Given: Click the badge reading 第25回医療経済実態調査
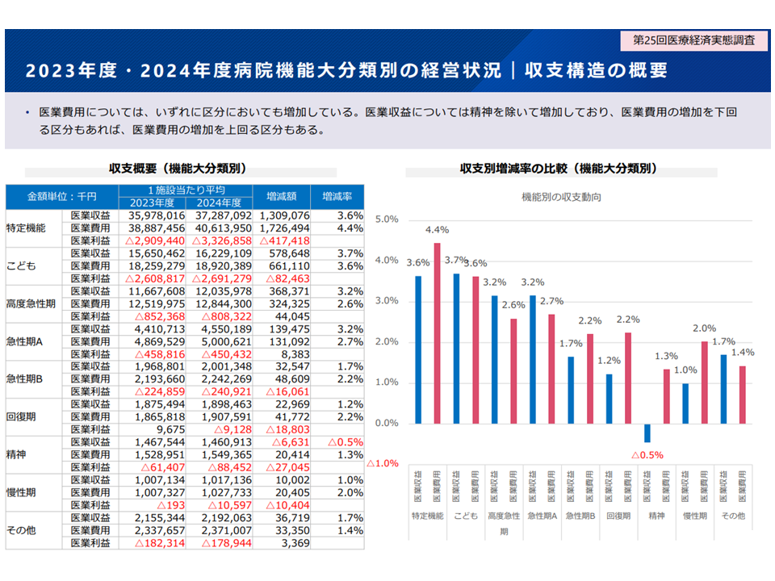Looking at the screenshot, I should click(x=693, y=40).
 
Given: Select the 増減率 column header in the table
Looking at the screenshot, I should click(x=337, y=196).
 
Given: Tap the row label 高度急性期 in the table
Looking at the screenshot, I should click(x=31, y=303).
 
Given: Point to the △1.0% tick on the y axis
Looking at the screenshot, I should click(x=383, y=464).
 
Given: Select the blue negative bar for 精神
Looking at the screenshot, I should click(x=647, y=433).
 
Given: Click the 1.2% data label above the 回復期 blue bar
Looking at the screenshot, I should click(x=610, y=361).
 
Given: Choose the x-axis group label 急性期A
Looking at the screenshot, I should click(x=542, y=516).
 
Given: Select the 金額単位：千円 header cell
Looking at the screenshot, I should click(x=62, y=196).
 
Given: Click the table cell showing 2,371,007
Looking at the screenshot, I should click(x=220, y=531).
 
